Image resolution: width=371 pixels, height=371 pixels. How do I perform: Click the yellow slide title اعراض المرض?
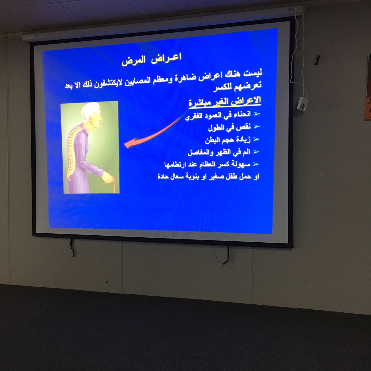click(152, 59)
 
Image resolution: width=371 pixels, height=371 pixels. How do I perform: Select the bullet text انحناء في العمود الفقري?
click(218, 116)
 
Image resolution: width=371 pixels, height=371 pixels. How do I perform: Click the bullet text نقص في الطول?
click(229, 127)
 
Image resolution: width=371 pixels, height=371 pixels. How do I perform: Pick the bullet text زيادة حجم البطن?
click(228, 140)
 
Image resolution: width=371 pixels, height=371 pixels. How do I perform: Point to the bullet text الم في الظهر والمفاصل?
click(219, 152)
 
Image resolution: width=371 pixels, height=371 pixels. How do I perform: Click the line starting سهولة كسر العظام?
click(207, 164)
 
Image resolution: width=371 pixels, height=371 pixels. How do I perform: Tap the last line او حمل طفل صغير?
click(208, 176)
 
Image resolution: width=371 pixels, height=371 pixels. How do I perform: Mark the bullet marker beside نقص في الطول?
click(257, 126)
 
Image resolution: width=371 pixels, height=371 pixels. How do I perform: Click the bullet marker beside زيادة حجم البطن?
click(256, 139)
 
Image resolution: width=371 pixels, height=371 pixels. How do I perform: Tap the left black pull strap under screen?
click(72, 248)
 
